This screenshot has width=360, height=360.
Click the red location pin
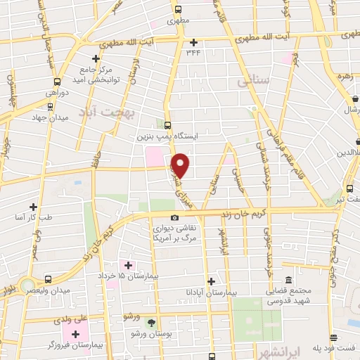(x=181, y=165)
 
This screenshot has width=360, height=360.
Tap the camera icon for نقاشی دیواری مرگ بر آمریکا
(x=175, y=219)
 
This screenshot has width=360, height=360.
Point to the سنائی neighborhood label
(x=253, y=82)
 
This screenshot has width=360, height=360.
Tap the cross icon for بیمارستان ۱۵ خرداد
(x=128, y=265)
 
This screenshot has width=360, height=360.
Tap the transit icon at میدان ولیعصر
(x=48, y=279)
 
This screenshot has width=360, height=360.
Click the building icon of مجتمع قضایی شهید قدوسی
(x=288, y=279)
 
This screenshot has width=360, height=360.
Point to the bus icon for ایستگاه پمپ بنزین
(x=167, y=124)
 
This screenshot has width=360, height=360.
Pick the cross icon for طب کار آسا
(x=33, y=207)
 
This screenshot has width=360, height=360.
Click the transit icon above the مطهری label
(x=178, y=10)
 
